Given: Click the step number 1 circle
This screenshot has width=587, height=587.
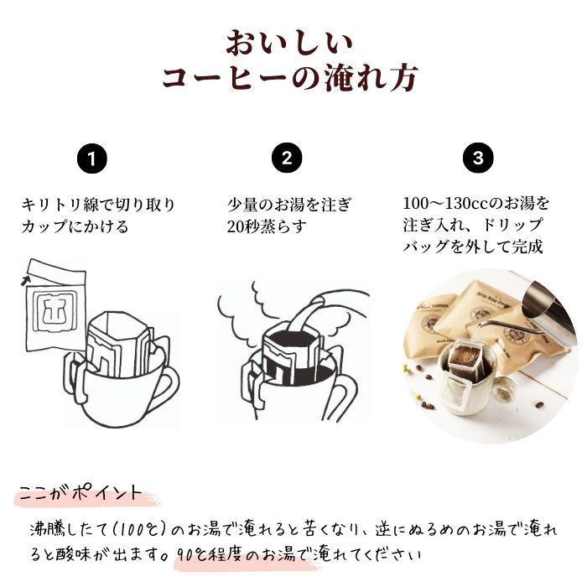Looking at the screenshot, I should tap(96, 158).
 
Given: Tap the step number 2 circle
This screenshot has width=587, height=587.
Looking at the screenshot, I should tap(287, 158).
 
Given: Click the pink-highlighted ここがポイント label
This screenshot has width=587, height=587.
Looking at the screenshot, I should tap(80, 493).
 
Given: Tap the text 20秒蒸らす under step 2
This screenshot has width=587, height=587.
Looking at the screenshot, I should tap(267, 226).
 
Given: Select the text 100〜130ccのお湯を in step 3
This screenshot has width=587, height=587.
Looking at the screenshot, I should tap(475, 204).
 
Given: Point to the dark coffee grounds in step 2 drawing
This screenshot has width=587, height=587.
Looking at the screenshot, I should tap(287, 342).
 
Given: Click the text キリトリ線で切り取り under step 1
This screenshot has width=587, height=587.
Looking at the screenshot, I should tap(98, 204).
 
